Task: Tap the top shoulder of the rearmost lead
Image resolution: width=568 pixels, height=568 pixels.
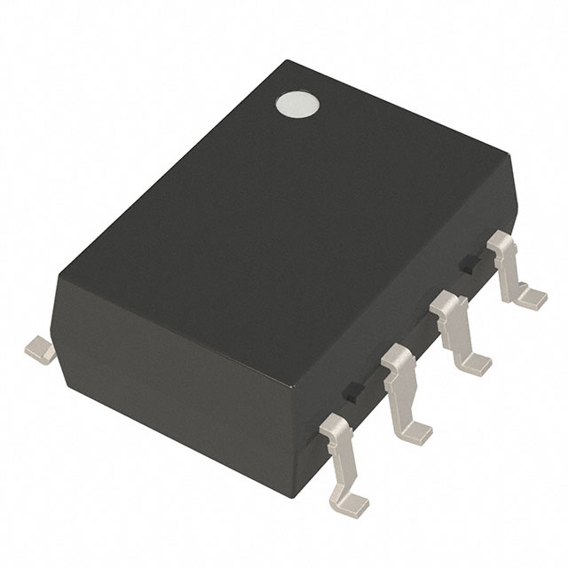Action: point(502,239)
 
